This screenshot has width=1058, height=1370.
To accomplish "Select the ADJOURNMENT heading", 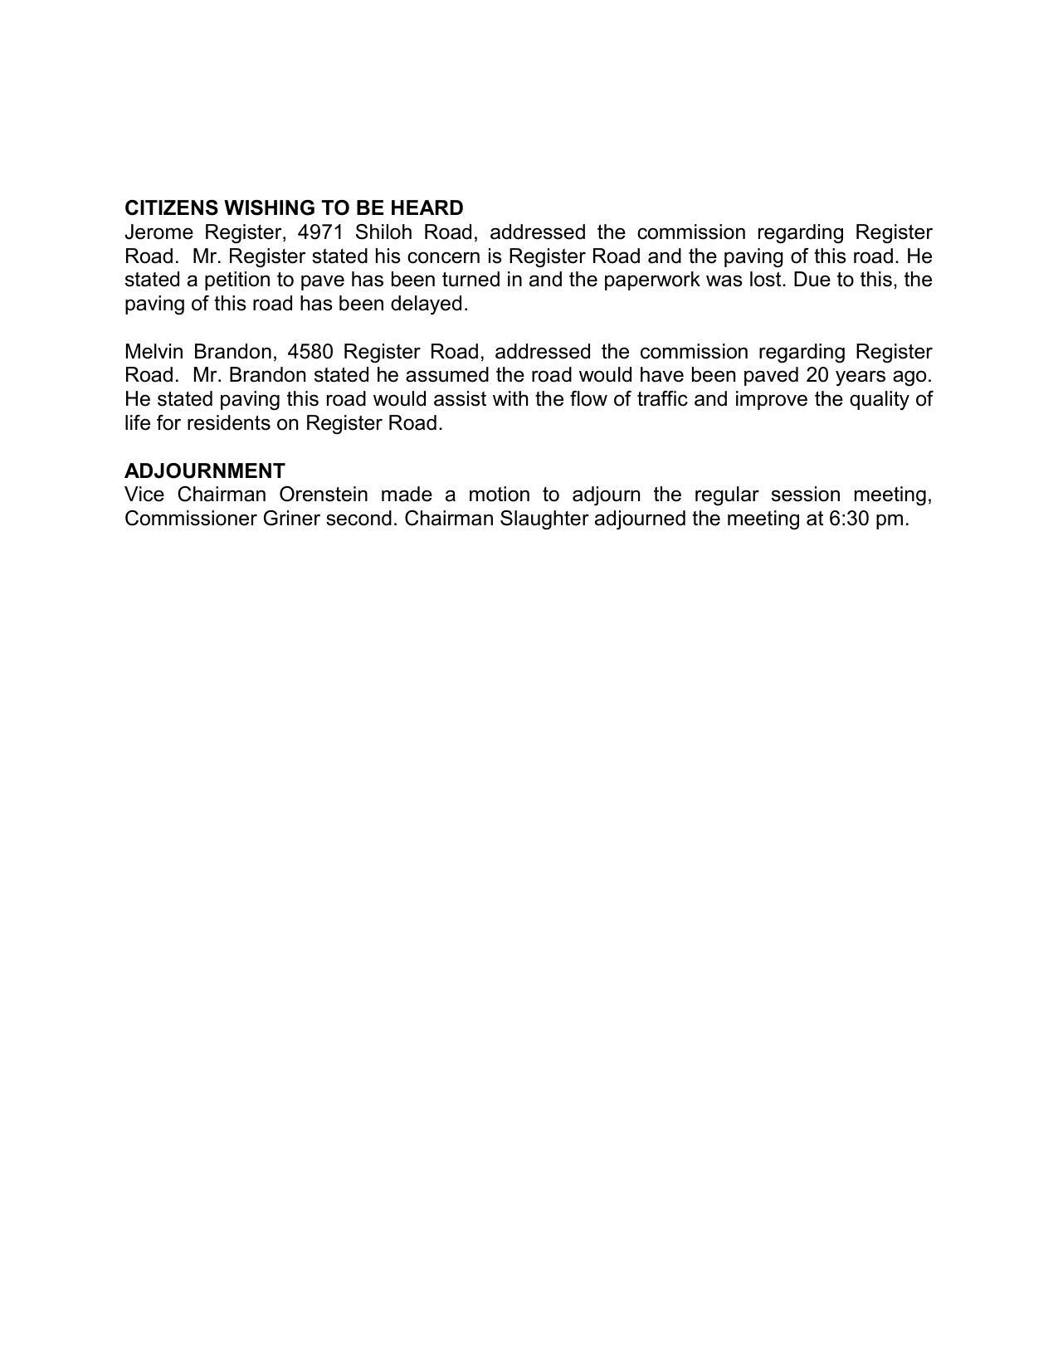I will (205, 470).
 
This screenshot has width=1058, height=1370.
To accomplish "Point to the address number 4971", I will (320, 232).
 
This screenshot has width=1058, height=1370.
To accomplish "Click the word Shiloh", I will (383, 232).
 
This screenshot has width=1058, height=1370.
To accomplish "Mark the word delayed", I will (429, 304).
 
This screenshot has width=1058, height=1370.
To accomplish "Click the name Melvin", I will (154, 352).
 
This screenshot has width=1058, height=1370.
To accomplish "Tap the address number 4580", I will (310, 352).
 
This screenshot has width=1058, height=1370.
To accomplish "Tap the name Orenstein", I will (324, 495).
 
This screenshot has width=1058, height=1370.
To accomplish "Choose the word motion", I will (499, 495).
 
